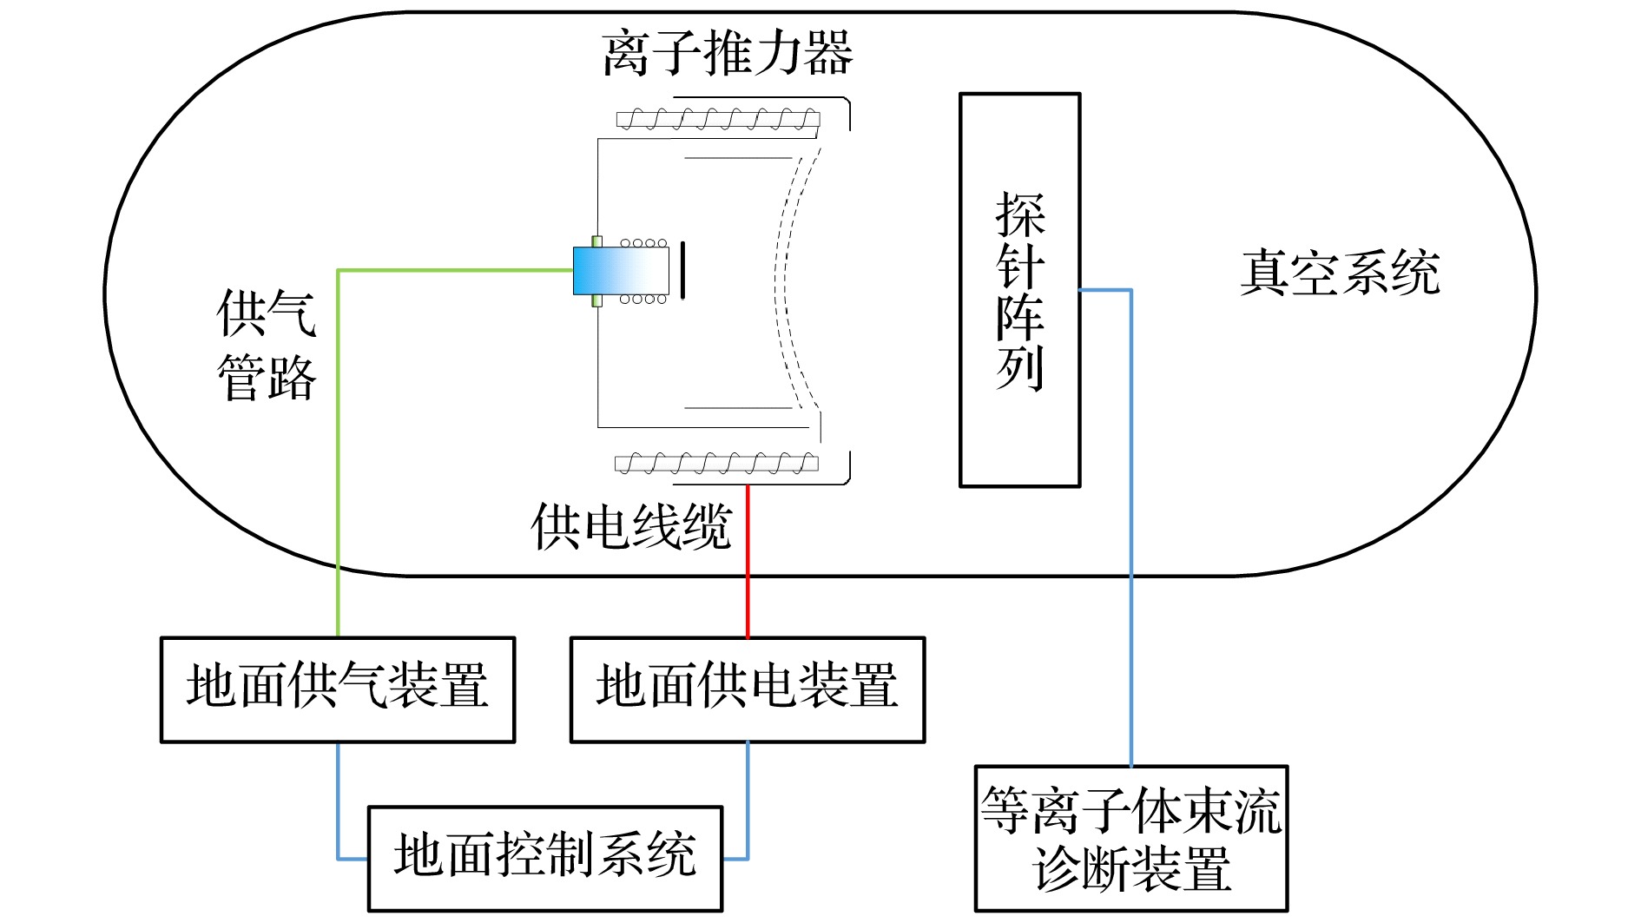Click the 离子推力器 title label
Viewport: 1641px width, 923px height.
click(727, 54)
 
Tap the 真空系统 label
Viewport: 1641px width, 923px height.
click(1340, 273)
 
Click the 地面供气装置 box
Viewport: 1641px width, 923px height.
click(338, 689)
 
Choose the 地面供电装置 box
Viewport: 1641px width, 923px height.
click(747, 689)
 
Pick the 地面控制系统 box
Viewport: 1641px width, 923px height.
click(544, 858)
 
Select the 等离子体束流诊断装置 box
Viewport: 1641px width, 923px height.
click(1130, 838)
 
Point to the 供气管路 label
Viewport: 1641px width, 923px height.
click(267, 346)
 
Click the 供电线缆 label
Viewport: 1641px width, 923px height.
click(631, 526)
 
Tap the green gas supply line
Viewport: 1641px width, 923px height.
click(338, 452)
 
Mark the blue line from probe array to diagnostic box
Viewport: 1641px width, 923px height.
click(1130, 521)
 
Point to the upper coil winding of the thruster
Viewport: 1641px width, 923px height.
click(718, 119)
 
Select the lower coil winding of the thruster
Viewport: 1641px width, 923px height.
click(716, 464)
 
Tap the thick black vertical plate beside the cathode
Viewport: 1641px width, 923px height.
click(682, 270)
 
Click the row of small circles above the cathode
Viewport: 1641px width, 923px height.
click(644, 243)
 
